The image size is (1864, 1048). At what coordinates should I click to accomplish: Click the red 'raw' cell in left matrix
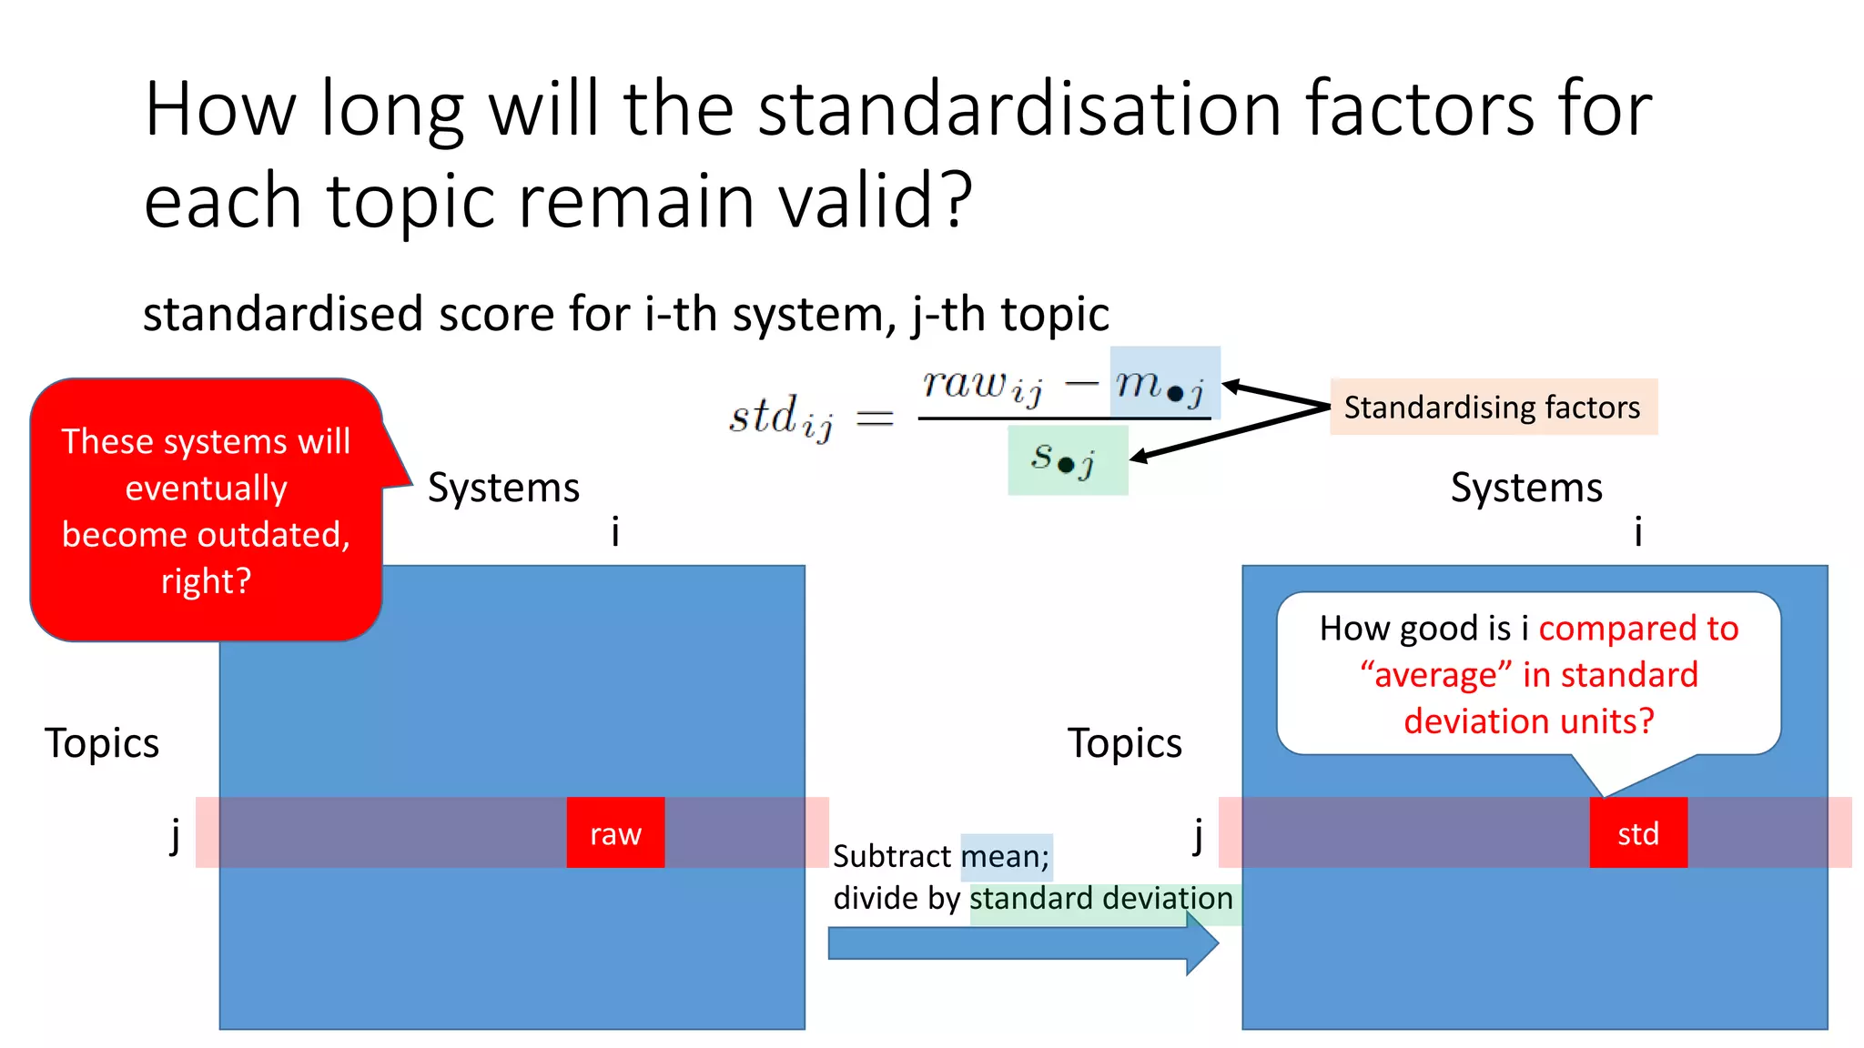tap(615, 832)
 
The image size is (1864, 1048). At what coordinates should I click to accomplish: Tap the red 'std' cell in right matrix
tap(1637, 832)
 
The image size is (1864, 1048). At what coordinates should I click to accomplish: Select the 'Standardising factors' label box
tap(1493, 407)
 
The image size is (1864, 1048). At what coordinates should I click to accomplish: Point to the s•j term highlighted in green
tap(1067, 459)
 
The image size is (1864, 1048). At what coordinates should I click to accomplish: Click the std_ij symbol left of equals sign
tap(781, 418)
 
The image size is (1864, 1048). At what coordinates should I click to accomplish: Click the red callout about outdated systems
tap(207, 509)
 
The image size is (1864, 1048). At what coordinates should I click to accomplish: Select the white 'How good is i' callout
tap(1528, 673)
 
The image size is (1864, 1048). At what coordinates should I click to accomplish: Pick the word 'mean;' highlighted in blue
tap(1006, 856)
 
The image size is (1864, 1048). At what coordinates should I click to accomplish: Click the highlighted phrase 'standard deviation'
tap(1100, 899)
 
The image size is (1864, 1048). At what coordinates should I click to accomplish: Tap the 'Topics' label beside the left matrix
tap(102, 743)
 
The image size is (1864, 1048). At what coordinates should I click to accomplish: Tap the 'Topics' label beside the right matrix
tap(1124, 743)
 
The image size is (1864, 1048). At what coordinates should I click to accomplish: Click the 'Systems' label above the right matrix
tap(1526, 488)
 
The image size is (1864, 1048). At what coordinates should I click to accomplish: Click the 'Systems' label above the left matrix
tap(503, 488)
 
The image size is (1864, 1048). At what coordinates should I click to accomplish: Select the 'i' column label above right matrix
tap(1638, 531)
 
